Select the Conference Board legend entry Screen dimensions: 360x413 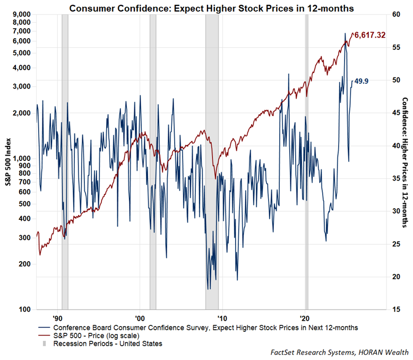click(x=202, y=328)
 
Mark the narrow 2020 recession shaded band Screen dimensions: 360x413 click(x=306, y=159)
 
